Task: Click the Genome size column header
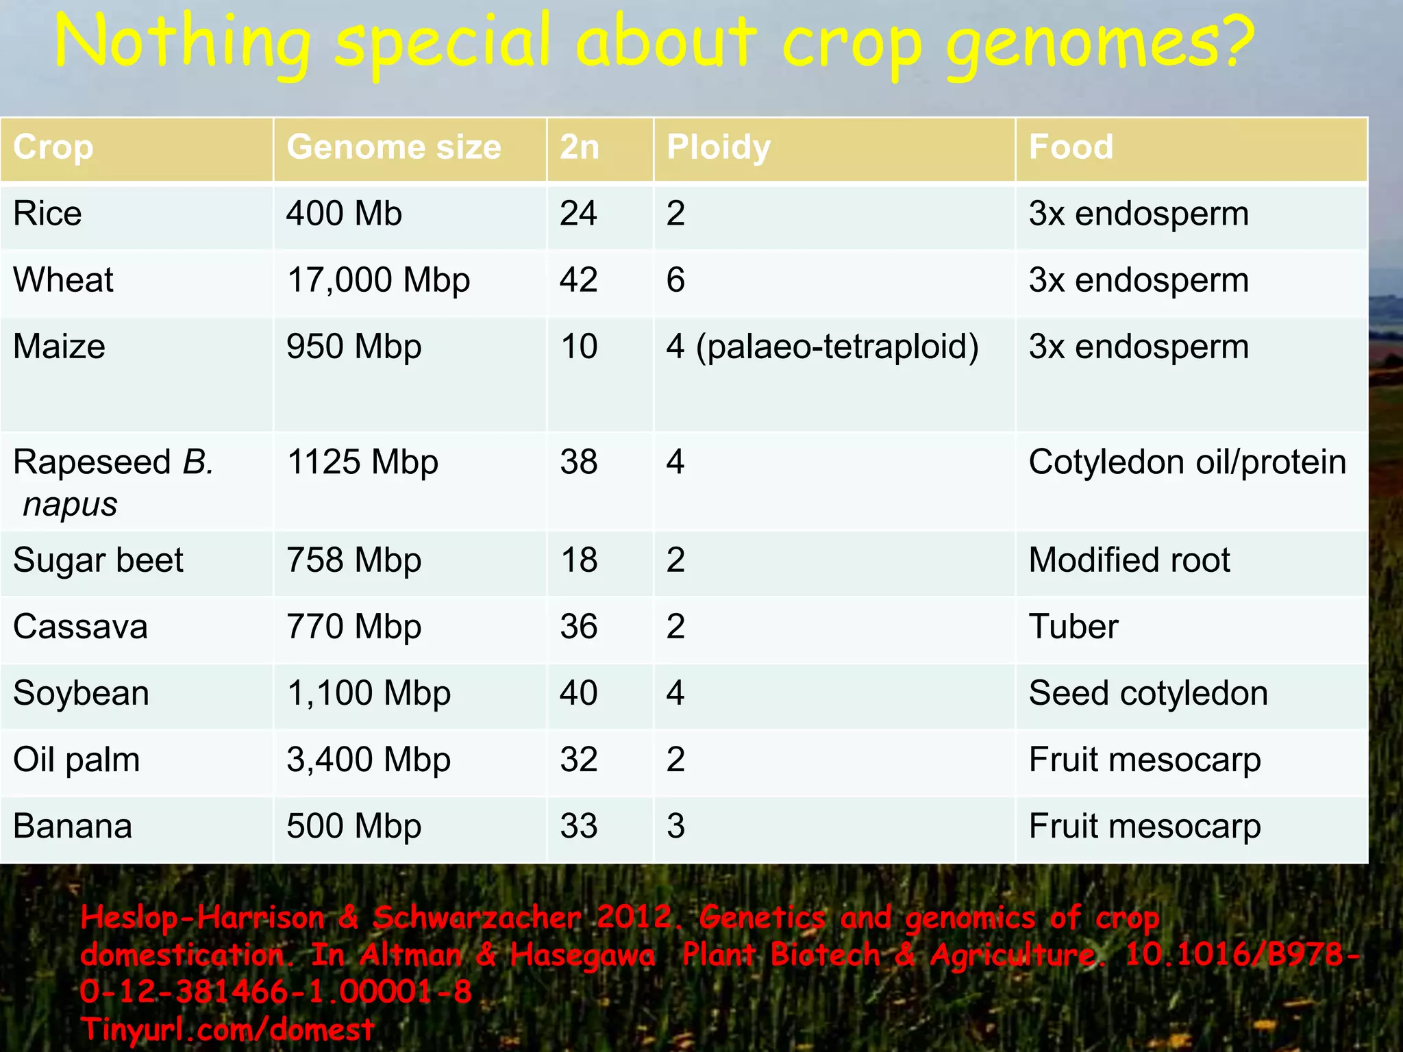tap(394, 147)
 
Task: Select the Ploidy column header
tap(719, 147)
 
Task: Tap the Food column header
tap(1071, 147)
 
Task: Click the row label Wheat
tap(64, 280)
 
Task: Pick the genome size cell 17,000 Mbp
tap(378, 280)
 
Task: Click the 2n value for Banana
tap(579, 826)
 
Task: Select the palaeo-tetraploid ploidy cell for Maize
tap(822, 347)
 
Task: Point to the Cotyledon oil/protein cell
tap(1187, 462)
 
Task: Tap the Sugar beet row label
tap(98, 560)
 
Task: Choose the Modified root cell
tap(1129, 560)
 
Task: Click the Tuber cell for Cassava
tap(1073, 627)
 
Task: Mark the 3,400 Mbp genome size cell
tap(369, 760)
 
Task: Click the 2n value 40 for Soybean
tap(579, 693)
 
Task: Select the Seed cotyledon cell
tap(1148, 693)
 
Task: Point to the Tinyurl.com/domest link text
tap(227, 1029)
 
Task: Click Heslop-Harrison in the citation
tap(202, 918)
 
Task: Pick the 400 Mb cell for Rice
tap(344, 214)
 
